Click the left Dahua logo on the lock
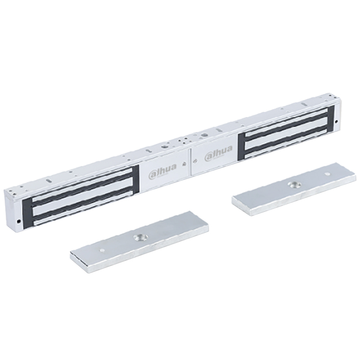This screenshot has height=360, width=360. pyautogui.click(x=162, y=170)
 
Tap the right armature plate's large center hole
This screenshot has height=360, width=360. pyautogui.click(x=294, y=184)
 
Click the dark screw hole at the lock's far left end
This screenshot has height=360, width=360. pyautogui.click(x=18, y=222)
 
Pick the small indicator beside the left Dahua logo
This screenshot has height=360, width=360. pyautogui.click(x=184, y=164)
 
